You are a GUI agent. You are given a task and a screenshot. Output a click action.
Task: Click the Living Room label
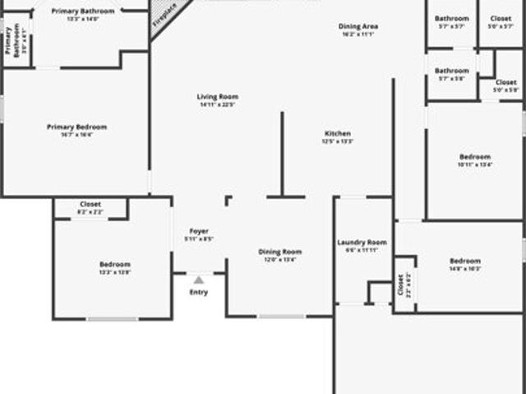217,97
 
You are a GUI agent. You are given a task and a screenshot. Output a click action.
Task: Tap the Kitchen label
338,133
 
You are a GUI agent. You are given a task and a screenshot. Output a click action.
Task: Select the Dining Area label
358,26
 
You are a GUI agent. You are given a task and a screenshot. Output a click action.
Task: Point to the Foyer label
199,231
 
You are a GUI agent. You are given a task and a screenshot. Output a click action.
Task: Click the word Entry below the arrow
199,292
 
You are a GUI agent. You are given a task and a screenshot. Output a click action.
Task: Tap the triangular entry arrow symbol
199,280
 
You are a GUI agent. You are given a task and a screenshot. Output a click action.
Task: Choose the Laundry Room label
362,243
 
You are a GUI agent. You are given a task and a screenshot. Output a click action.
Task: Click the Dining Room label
280,252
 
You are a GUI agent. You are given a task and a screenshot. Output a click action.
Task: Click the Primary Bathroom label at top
83,11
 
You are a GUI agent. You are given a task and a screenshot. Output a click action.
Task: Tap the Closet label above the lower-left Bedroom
90,204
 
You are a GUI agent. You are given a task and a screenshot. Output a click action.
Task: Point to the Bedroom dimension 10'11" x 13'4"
475,165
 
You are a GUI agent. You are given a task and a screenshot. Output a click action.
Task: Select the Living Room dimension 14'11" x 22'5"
217,105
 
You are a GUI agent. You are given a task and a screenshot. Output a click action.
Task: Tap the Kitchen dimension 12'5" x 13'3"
338,141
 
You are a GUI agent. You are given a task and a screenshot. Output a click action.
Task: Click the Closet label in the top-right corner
501,18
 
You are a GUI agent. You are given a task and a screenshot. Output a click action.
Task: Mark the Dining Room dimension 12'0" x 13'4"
280,260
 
